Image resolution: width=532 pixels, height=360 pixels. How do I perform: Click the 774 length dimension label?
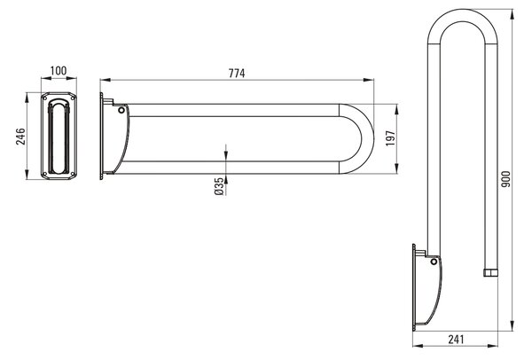coord(237,74)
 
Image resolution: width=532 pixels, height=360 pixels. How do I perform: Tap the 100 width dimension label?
coord(59,71)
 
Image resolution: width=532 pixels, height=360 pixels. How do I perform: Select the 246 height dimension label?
coord(20,137)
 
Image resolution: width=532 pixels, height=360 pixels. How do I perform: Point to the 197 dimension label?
coord(390,138)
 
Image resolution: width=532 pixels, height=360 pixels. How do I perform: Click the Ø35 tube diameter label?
coord(219,186)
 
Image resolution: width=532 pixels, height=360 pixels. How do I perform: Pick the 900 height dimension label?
coord(505,179)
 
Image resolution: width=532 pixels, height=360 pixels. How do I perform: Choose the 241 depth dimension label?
coord(456,340)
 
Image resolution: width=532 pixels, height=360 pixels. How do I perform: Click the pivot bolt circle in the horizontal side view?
coord(121,110)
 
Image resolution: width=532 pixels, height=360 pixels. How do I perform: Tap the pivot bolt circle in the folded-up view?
coord(434,262)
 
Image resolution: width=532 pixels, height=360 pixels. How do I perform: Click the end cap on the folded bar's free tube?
coord(490,273)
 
